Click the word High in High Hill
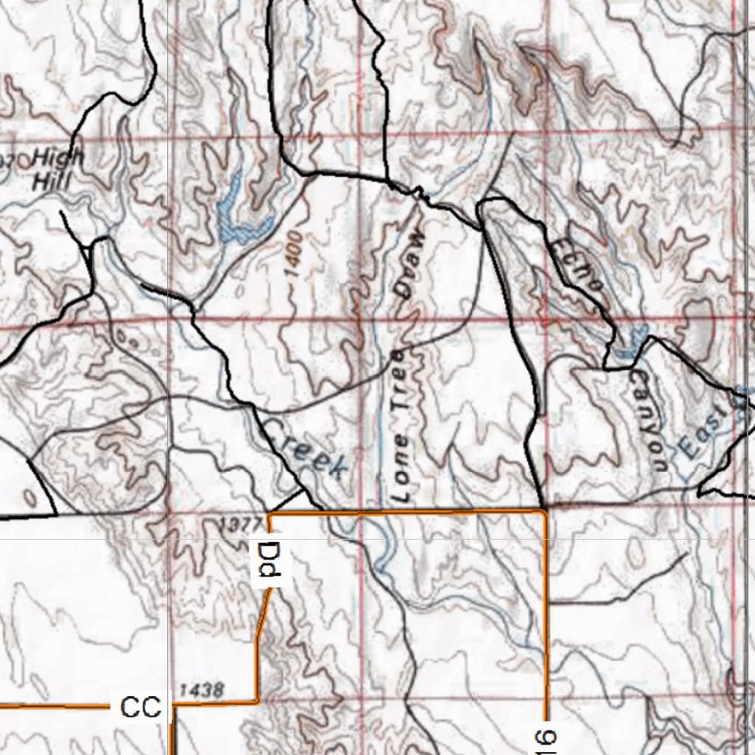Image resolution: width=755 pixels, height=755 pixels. pos(60,157)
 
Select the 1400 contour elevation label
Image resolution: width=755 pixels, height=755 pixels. pos(295,254)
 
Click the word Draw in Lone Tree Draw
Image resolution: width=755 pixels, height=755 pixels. pos(410,263)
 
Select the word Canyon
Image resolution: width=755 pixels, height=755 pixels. pos(649,420)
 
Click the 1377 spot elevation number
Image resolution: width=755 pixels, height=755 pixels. pos(241,524)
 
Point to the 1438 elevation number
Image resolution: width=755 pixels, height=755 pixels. pos(201,690)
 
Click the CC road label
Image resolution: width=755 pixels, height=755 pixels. pos(141,707)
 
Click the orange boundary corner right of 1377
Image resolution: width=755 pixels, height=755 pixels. pos(271,513)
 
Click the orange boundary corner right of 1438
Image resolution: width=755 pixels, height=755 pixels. pos(257,700)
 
